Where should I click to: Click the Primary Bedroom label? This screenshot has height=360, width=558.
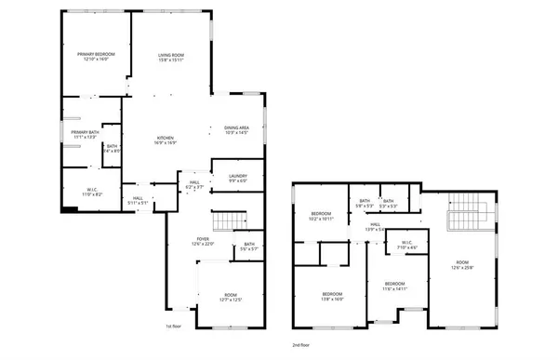pyautogui.click(x=96, y=58)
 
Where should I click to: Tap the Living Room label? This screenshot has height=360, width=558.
pyautogui.click(x=169, y=58)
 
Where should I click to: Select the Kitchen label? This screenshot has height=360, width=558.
pyautogui.click(x=166, y=140)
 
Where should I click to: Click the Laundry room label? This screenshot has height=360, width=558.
pyautogui.click(x=237, y=178)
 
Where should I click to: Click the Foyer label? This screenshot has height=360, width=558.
pyautogui.click(x=202, y=242)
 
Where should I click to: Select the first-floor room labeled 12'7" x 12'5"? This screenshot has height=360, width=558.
pyautogui.click(x=230, y=297)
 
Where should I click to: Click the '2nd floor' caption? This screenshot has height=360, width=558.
pyautogui.click(x=300, y=344)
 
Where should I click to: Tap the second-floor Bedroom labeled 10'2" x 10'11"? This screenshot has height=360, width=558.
pyautogui.click(x=322, y=217)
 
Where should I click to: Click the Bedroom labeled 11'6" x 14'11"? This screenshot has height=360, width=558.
pyautogui.click(x=394, y=286)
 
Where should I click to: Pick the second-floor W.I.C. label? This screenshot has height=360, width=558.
pyautogui.click(x=406, y=246)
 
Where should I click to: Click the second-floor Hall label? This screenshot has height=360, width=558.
pyautogui.click(x=376, y=226)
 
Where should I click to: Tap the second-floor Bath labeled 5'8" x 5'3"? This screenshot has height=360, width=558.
pyautogui.click(x=365, y=204)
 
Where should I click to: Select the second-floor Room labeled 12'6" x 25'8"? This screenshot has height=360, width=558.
pyautogui.click(x=462, y=265)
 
